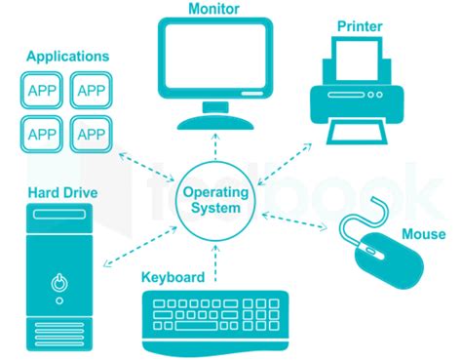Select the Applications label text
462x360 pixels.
point(68,57)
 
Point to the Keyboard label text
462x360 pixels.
point(173,277)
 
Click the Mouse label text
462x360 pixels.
point(423,234)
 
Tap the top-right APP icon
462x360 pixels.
point(91,91)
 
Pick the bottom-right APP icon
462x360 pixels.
point(91,133)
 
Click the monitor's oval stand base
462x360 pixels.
point(217,121)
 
